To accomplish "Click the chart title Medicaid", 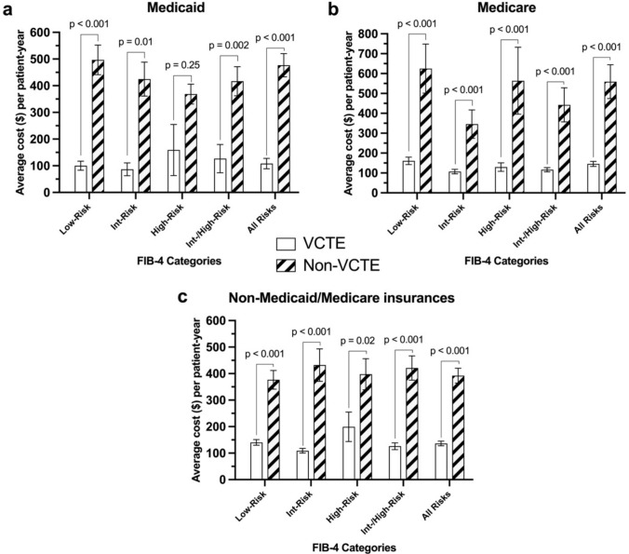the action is tap(176, 7).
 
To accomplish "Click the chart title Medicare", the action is tap(506, 7).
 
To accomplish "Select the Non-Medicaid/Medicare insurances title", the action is tap(341, 298).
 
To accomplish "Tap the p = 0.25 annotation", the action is tap(182, 65).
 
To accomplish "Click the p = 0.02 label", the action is tap(357, 341).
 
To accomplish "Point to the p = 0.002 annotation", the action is tap(229, 46).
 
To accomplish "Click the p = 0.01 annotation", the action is tap(136, 42).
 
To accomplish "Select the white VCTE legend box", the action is tap(286, 244).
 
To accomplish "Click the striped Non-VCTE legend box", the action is tap(286, 265).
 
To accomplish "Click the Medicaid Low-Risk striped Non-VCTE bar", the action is tap(98, 126).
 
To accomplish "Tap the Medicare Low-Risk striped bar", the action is tap(426, 130).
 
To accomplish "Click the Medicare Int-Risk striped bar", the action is tap(472, 158).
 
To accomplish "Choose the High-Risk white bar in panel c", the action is tap(349, 453).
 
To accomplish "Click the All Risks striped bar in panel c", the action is tap(458, 427).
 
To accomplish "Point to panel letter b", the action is tap(333, 8).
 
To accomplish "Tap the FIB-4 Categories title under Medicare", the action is tap(506, 261).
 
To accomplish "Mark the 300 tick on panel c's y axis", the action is tap(216, 400).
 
